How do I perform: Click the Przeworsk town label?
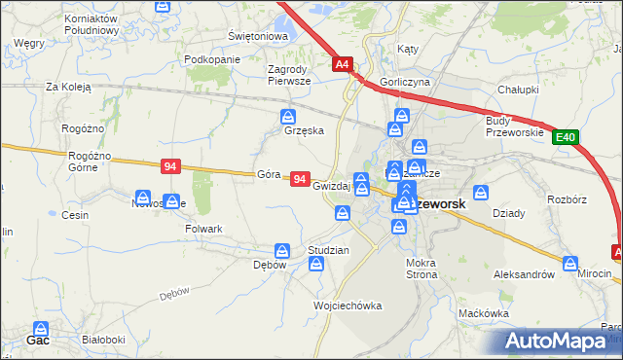440,205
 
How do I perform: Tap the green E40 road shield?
567,139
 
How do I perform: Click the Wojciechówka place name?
348,306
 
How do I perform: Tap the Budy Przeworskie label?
513,126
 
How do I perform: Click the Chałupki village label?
518,90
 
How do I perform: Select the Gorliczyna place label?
406,83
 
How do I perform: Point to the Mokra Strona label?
422,268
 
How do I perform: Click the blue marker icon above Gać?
42,330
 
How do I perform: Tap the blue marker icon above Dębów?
281,251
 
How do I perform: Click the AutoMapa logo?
559,342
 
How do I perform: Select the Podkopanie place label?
211,59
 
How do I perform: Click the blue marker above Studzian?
316,264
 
